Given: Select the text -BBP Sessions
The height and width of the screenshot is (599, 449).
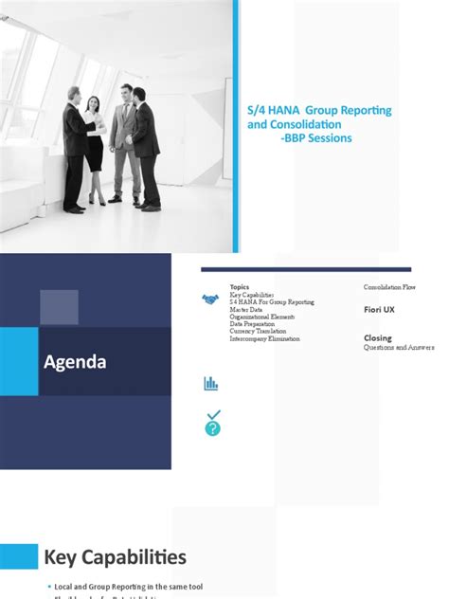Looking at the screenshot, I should tap(316, 137).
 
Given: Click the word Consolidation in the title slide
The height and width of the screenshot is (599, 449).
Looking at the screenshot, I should tap(305, 124).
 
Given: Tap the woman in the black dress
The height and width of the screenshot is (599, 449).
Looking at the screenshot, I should tap(94, 142).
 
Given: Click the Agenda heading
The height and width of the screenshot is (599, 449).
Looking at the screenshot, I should tap(75, 361).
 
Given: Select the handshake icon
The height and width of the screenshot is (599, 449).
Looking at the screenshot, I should tap(210, 299).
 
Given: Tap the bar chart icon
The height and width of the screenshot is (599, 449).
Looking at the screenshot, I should tap(210, 383).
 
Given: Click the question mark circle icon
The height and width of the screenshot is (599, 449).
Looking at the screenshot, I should tap(212, 428).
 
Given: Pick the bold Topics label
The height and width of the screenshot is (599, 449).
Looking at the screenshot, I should tap(240, 286).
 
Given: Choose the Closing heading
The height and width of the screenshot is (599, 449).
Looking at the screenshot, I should tap(378, 338).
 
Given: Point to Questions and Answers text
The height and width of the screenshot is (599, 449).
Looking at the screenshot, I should tap(399, 348).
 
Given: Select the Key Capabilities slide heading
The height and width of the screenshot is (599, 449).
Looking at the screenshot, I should tap(115, 556).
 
